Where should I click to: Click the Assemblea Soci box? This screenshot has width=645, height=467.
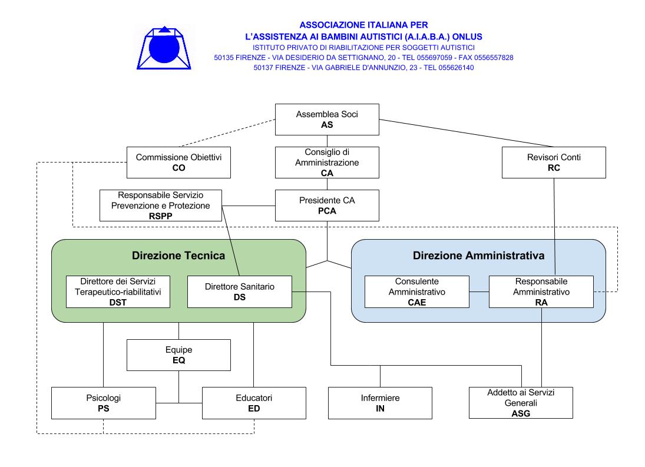point(327,120)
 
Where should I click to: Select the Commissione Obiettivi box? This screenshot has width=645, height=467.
point(178,163)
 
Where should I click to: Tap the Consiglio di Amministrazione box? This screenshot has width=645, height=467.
point(327,163)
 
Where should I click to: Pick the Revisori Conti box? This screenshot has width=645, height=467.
point(554,163)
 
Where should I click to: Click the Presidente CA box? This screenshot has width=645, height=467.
point(327,206)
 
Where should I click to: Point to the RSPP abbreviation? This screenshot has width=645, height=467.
point(160,216)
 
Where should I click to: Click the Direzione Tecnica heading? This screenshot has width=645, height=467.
point(178,256)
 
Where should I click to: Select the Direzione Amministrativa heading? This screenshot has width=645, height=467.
point(478,256)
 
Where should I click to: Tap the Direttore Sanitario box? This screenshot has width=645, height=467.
point(239,292)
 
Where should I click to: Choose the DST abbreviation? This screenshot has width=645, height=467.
point(118,303)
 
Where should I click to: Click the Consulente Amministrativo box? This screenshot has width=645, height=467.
point(416,292)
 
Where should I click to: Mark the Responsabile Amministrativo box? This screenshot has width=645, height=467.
point(541,292)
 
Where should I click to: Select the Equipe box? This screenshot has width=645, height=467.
point(178,355)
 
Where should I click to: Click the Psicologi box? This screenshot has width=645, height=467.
point(104,403)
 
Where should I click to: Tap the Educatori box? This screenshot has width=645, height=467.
point(254,403)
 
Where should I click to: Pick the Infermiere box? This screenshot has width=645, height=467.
point(380,403)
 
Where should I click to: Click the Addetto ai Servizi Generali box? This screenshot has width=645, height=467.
point(521,403)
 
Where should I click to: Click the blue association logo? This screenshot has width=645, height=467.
point(164,48)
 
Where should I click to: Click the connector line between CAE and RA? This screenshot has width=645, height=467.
point(479,292)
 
